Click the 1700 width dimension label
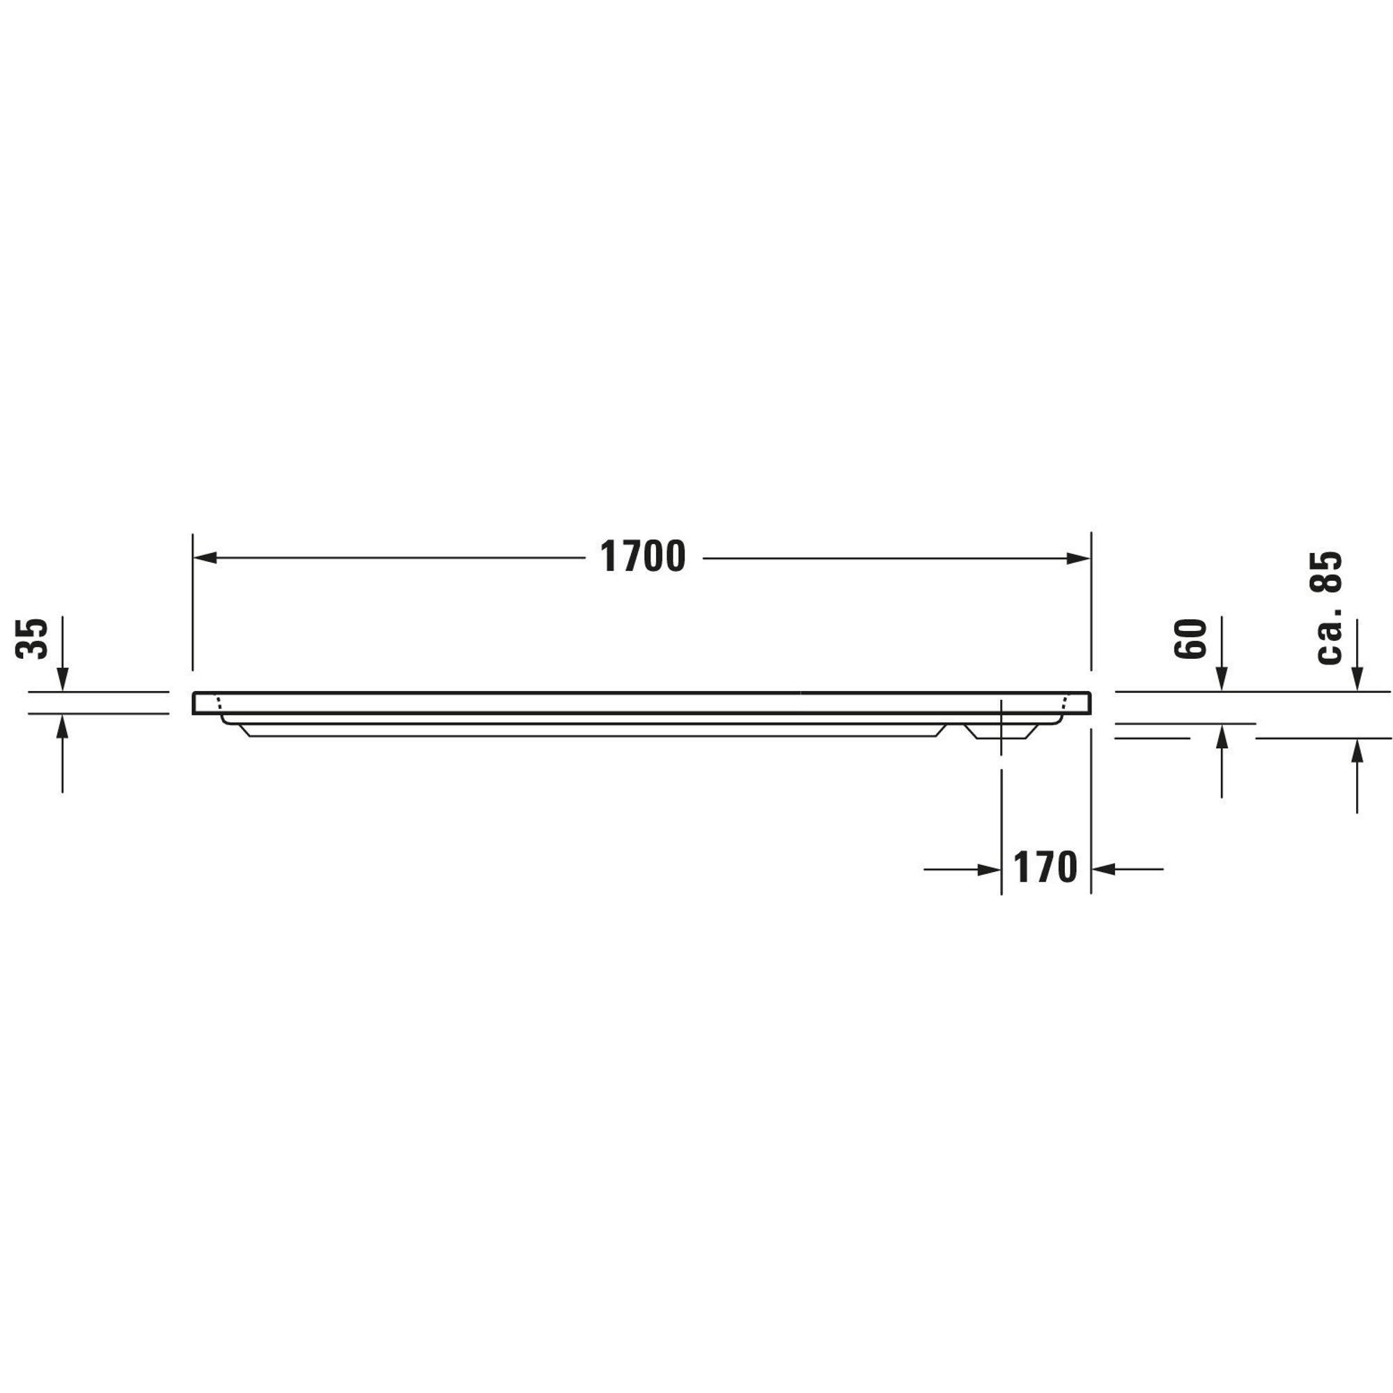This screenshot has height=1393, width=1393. (642, 557)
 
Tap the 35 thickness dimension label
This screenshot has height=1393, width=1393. (32, 638)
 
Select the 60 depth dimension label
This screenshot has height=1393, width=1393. (1190, 639)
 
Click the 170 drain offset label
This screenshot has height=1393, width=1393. (1045, 867)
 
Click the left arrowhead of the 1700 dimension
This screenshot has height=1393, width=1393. (205, 558)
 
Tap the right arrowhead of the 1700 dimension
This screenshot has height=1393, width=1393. (1078, 558)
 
